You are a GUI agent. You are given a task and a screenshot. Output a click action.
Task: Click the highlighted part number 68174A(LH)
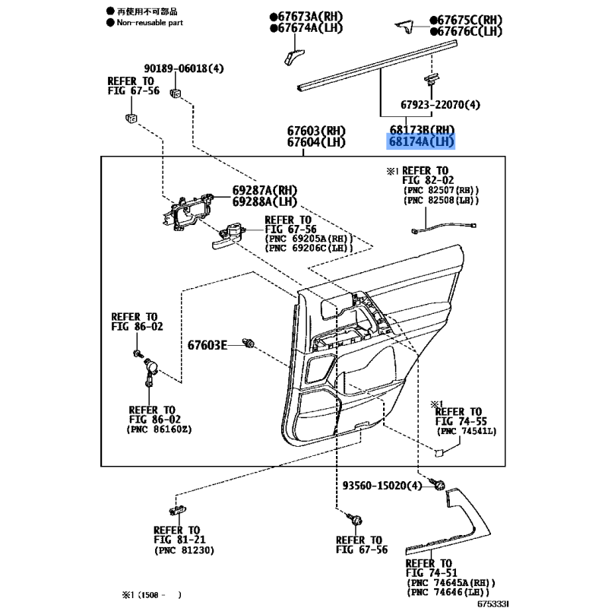click(x=421, y=141)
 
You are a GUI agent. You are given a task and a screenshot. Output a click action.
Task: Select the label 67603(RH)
click(x=316, y=131)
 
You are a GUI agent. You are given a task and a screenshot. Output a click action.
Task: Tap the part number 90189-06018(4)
click(x=184, y=68)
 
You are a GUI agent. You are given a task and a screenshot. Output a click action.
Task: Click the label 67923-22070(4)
click(x=440, y=104)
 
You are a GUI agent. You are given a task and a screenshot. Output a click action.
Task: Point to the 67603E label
click(x=207, y=345)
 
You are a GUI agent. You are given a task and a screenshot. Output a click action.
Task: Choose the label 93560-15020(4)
click(x=382, y=485)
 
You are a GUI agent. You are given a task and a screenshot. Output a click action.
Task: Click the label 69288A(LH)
click(x=264, y=201)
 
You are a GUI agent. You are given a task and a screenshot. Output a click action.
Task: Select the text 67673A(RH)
click(x=306, y=17)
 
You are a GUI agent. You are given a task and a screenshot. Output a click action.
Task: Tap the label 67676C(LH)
click(x=466, y=31)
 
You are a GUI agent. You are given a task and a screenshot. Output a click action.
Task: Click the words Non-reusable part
click(x=150, y=23)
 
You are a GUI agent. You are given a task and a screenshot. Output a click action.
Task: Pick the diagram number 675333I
click(x=492, y=603)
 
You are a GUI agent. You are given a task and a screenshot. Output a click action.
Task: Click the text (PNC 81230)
click(x=184, y=549)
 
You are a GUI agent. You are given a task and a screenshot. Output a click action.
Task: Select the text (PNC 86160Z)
click(x=159, y=429)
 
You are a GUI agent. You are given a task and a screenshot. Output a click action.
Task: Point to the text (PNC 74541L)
click(x=467, y=431)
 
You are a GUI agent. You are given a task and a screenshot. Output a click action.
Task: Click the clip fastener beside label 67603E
click(x=249, y=343)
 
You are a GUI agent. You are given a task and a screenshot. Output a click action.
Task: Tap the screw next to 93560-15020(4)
click(x=438, y=484)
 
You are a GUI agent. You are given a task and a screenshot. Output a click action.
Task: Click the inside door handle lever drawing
click(x=226, y=236)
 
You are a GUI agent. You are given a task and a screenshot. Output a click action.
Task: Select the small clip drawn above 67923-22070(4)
click(x=431, y=79)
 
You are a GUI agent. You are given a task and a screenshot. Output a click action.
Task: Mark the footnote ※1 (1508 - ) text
click(x=151, y=594)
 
